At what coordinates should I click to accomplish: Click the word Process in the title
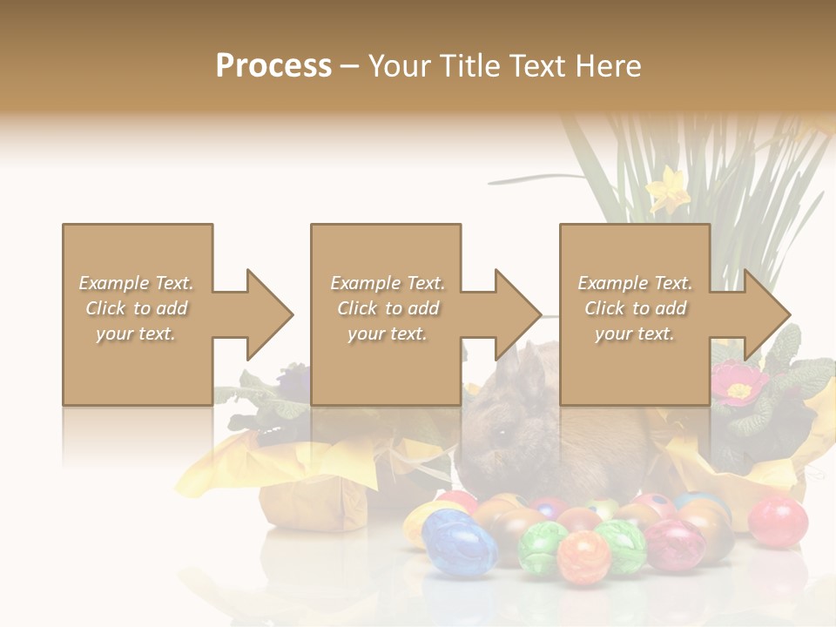tap(273, 66)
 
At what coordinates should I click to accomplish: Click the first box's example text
tap(136, 308)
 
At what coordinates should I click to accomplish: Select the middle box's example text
tap(387, 308)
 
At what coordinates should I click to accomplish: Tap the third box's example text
tap(635, 308)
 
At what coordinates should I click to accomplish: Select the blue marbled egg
tap(459, 542)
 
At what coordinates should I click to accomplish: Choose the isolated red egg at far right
tap(778, 521)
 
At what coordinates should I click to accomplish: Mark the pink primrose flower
tap(739, 383)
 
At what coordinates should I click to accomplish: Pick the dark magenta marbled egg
tap(674, 544)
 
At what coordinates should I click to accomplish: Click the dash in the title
tap(350, 66)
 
